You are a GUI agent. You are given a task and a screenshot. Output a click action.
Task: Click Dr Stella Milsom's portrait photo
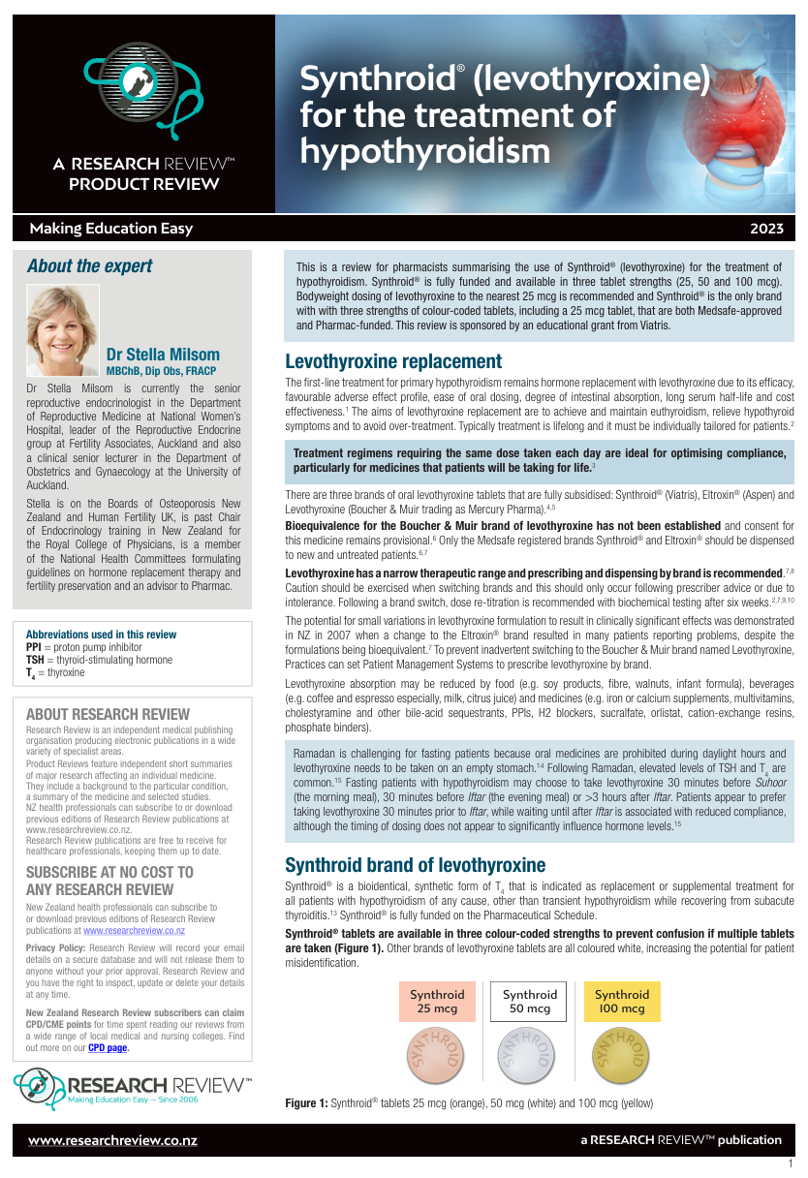tap(62, 330)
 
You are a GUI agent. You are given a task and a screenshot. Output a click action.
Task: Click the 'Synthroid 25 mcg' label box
tap(437, 1002)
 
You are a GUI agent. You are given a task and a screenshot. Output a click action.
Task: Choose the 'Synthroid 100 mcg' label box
tap(622, 1002)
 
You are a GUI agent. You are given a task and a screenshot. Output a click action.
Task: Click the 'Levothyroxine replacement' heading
tap(393, 362)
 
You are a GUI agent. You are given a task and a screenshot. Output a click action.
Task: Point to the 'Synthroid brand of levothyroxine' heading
tap(415, 865)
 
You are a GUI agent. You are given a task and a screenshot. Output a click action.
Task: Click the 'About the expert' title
tap(89, 266)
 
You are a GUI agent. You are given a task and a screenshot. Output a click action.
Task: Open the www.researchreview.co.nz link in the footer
tap(112, 1140)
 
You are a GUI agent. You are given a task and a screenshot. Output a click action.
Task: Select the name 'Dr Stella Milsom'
tap(163, 355)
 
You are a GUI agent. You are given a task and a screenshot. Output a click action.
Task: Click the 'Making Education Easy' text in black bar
tap(111, 229)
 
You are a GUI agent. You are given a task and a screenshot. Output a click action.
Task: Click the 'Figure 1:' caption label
tap(306, 1103)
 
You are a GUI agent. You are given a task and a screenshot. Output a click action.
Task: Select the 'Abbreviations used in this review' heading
tap(101, 635)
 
